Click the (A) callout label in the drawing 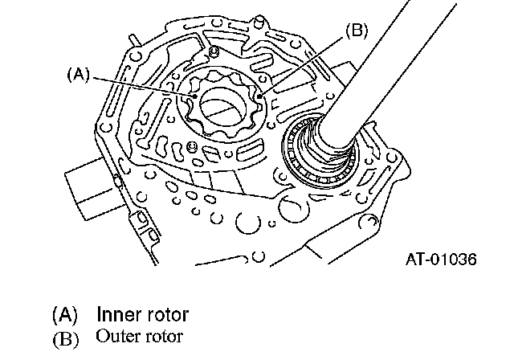[x=79, y=75]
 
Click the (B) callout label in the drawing [x=357, y=31]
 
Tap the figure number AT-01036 [x=441, y=260]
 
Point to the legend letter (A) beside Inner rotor [x=65, y=315]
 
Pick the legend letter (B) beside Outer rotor [x=66, y=338]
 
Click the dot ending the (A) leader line [x=195, y=96]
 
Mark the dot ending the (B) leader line [x=259, y=96]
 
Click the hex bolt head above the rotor [x=214, y=51]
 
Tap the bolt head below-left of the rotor [x=191, y=146]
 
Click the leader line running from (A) [x=145, y=87]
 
